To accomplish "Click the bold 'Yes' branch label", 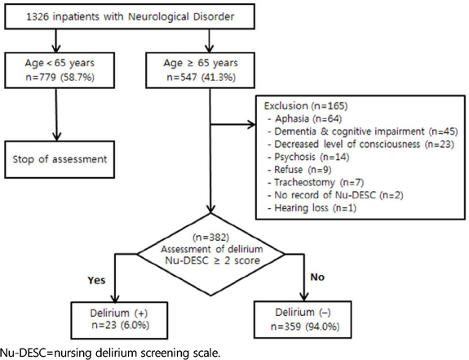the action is click(96, 280).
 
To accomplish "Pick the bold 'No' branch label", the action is click(317, 277).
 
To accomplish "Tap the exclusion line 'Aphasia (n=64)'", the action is click(304, 119).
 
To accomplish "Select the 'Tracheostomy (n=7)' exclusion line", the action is click(316, 182).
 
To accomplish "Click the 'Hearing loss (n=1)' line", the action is click(312, 207).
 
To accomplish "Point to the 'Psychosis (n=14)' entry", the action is click(308, 157).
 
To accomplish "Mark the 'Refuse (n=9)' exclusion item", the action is click(299, 170).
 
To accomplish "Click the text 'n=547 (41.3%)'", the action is click(201, 78).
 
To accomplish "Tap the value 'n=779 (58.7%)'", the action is click(60, 78).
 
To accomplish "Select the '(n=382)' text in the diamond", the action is click(211, 238).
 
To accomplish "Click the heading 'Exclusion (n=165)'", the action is click(306, 106).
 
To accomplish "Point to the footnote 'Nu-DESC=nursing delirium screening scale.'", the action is click(110, 353).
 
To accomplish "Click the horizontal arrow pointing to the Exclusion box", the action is click(232, 124).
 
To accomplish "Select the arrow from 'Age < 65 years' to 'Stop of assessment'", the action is click(56, 114).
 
